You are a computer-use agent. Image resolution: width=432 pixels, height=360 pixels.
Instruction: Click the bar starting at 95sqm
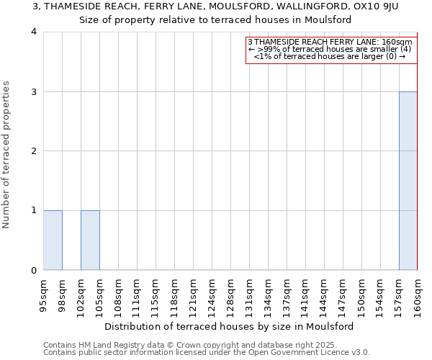tap(53, 240)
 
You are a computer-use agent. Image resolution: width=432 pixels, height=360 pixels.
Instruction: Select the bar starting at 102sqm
tap(90, 240)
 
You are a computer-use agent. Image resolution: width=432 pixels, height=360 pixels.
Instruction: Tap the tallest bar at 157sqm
tap(408, 181)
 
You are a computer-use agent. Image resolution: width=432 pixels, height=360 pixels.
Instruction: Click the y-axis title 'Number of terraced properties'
tap(7, 155)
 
